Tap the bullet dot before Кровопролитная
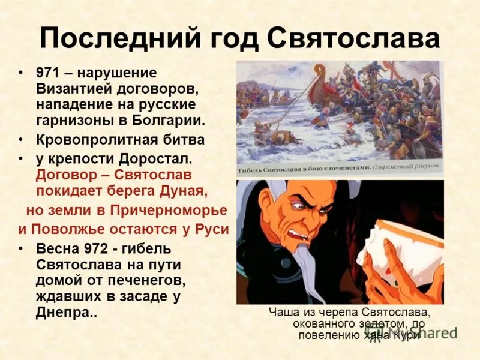[x=22, y=140]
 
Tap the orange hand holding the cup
[x=399, y=282]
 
